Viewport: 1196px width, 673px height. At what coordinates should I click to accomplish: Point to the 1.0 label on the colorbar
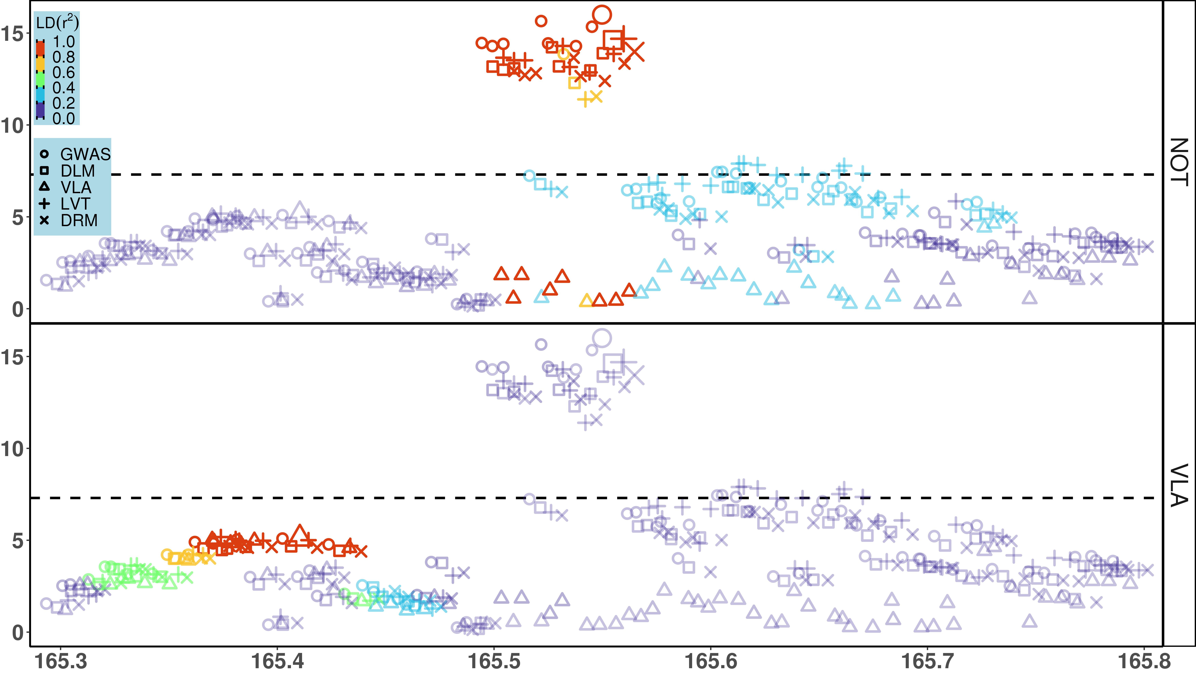tap(64, 42)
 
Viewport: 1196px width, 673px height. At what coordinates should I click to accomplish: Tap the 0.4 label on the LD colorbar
tap(64, 88)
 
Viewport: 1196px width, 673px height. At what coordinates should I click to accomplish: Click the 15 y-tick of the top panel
tap(12, 33)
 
